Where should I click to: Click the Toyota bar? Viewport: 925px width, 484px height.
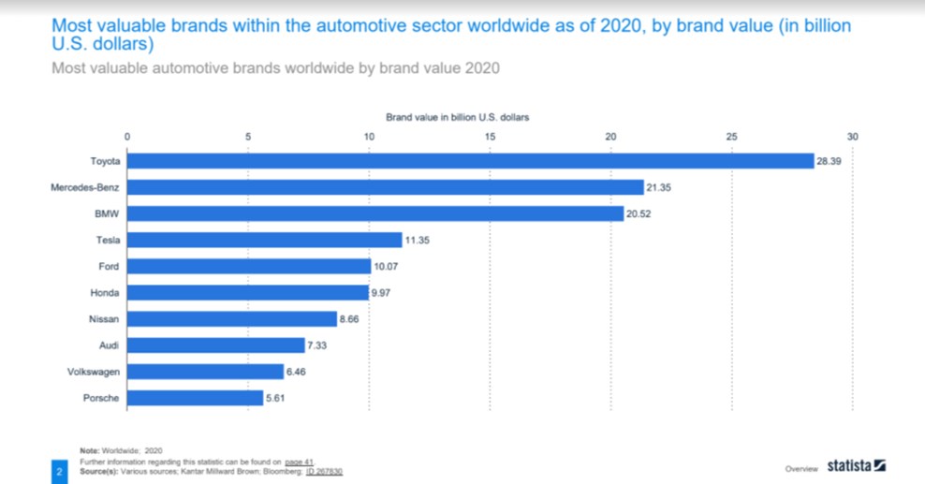pyautogui.click(x=470, y=161)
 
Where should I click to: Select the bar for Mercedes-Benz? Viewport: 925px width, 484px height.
pyautogui.click(x=385, y=187)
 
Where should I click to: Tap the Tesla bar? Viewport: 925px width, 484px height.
pyautogui.click(x=264, y=241)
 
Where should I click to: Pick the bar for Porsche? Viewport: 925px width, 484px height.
pyautogui.click(x=195, y=398)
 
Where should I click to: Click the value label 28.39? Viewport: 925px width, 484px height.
pyautogui.click(x=829, y=161)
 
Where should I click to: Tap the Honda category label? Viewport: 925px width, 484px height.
pyautogui.click(x=104, y=293)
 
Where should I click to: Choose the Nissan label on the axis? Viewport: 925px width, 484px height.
pyautogui.click(x=103, y=319)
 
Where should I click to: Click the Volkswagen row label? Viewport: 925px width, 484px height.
pyautogui.click(x=95, y=372)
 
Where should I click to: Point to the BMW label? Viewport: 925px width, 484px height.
pyautogui.click(x=107, y=214)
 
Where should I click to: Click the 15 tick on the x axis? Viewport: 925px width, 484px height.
pyautogui.click(x=490, y=137)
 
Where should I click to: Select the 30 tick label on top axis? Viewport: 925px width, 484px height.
pyautogui.click(x=852, y=137)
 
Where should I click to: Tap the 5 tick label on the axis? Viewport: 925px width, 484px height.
pyautogui.click(x=248, y=137)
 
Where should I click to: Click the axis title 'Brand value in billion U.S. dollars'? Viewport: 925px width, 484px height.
pyautogui.click(x=458, y=117)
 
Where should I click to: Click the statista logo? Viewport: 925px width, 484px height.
pyautogui.click(x=856, y=466)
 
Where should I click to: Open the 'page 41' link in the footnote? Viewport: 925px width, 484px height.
pyautogui.click(x=299, y=462)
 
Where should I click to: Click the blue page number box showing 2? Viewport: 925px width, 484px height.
pyautogui.click(x=58, y=471)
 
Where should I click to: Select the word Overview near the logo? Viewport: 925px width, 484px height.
pyautogui.click(x=801, y=467)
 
